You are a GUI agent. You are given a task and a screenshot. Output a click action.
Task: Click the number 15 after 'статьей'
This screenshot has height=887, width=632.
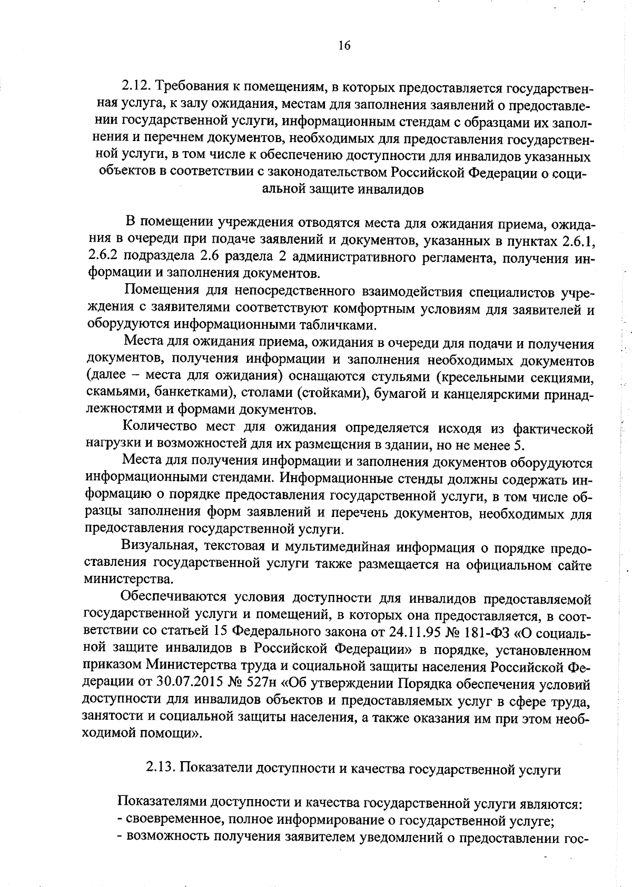pyautogui.click(x=220, y=631)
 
